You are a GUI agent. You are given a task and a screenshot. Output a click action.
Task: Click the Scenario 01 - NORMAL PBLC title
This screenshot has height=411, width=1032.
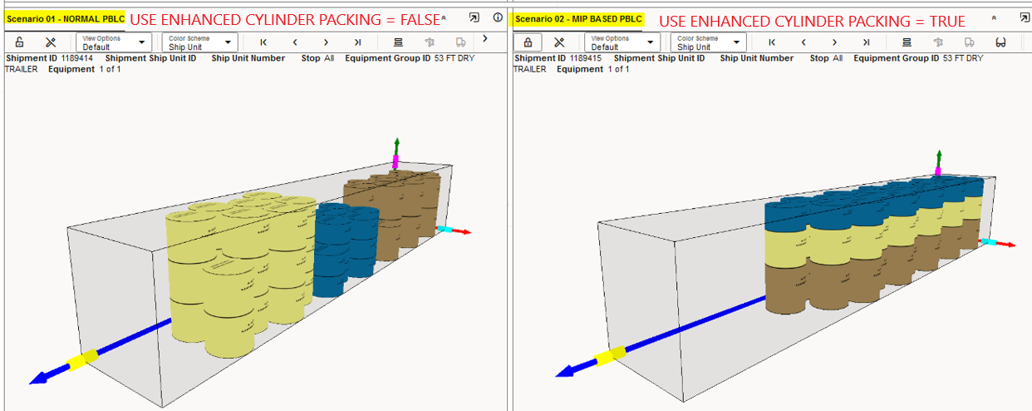pyautogui.click(x=65, y=19)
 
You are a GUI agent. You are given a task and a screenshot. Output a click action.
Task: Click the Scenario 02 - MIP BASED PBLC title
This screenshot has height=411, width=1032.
pyautogui.click(x=578, y=19)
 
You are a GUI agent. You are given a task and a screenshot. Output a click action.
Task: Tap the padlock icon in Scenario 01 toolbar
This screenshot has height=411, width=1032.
pyautogui.click(x=19, y=42)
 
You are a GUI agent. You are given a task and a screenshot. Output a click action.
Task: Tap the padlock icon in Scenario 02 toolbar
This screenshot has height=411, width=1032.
pyautogui.click(x=528, y=42)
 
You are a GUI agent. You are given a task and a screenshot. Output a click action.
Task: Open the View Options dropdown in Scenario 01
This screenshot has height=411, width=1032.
pyautogui.click(x=114, y=42)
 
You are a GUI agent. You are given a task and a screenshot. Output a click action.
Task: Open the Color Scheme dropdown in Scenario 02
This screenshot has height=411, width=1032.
pyautogui.click(x=708, y=42)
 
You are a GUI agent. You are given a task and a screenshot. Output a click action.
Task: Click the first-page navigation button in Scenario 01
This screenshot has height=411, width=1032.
pyautogui.click(x=263, y=42)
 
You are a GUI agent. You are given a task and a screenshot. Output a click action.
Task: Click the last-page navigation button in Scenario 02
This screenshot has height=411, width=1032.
pyautogui.click(x=866, y=42)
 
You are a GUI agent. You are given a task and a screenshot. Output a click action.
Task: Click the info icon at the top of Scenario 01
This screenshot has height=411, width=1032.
pyautogui.click(x=498, y=17)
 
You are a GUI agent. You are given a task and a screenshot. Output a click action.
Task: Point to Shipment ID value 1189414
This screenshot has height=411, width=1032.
pyautogui.click(x=77, y=58)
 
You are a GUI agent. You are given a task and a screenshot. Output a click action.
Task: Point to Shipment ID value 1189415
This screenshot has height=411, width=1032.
pyautogui.click(x=586, y=58)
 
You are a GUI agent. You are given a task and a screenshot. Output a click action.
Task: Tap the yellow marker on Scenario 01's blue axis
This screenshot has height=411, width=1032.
pyautogui.click(x=82, y=359)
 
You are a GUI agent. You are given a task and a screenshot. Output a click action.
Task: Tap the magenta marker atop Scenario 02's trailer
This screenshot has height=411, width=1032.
pyautogui.click(x=937, y=171)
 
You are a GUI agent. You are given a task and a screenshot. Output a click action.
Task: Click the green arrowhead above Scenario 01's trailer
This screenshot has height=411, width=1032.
pyautogui.click(x=396, y=142)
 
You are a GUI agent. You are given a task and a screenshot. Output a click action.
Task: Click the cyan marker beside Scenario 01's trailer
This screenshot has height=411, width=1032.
pyautogui.click(x=445, y=229)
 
